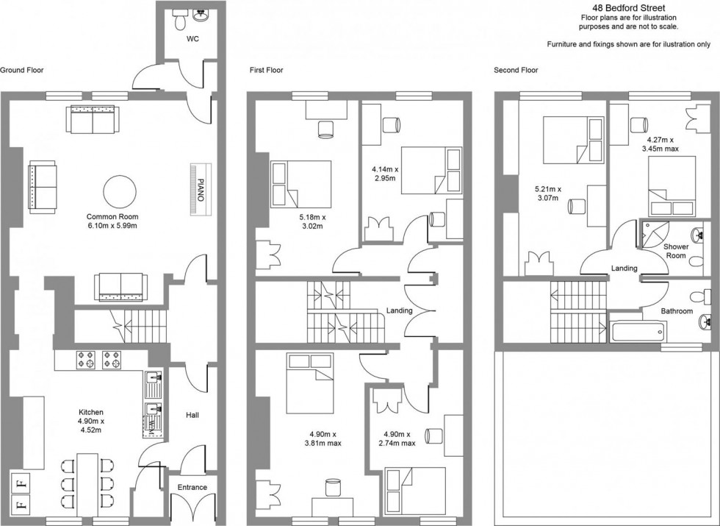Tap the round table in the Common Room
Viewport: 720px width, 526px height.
pos(119,191)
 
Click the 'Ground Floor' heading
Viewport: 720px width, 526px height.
pos(22,71)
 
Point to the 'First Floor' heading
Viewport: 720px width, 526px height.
pos(266,71)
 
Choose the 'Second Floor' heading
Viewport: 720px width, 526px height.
pos(516,71)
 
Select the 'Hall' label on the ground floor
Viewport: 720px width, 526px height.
pos(192,415)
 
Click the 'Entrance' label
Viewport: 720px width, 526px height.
pos(192,487)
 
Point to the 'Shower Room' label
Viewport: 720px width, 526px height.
pos(675,251)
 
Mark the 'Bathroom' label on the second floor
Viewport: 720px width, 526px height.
pos(676,311)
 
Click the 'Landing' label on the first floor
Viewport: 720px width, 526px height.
pos(400,310)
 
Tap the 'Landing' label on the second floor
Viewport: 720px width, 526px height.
pos(624,269)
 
